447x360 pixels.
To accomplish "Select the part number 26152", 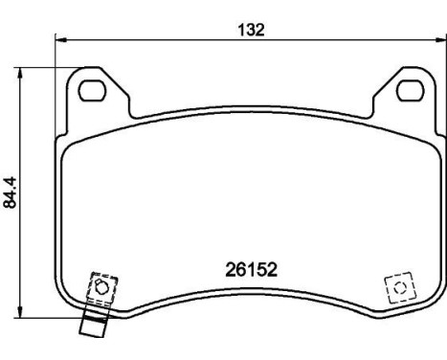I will coord(251,271).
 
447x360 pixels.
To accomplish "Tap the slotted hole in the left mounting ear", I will coord(93,92).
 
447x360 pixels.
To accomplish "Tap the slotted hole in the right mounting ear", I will coord(410,92).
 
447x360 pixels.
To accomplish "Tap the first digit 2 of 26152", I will coord(230,271).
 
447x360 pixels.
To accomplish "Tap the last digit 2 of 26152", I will coord(272,271).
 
